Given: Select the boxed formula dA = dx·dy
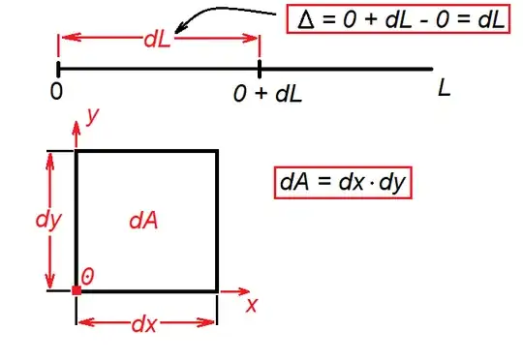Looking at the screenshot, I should pyautogui.click(x=344, y=183).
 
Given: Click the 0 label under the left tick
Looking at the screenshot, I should pyautogui.click(x=57, y=92).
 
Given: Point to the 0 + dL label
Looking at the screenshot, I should pyautogui.click(x=263, y=94).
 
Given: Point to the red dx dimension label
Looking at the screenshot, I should pyautogui.click(x=144, y=324).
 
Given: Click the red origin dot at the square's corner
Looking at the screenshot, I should pyautogui.click(x=77, y=289).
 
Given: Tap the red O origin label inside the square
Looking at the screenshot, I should pyautogui.click(x=88, y=277).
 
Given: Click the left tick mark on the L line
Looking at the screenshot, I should pyautogui.click(x=58, y=69).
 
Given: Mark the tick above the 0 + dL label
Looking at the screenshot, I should pyautogui.click(x=260, y=69).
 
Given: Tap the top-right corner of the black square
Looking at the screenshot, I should pyautogui.click(x=217, y=151).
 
